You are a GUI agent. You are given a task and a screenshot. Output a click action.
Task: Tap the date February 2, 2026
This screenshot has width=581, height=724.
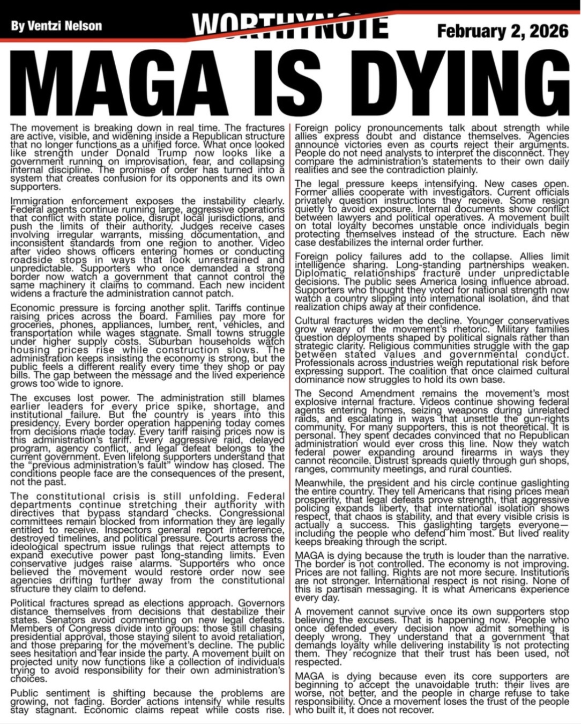[503, 31]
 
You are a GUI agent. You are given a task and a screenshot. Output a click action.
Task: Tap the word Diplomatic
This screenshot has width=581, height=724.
[320, 273]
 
